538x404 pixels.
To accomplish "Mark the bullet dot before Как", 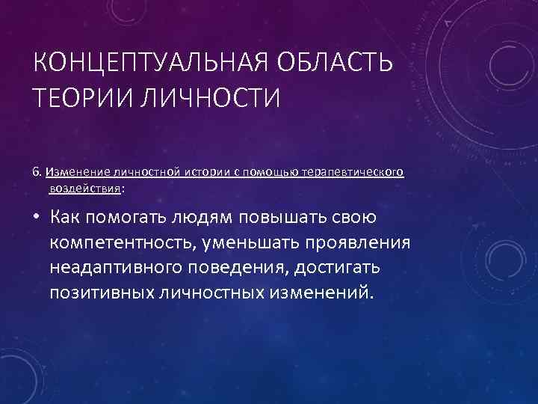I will [x=37, y=218].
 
